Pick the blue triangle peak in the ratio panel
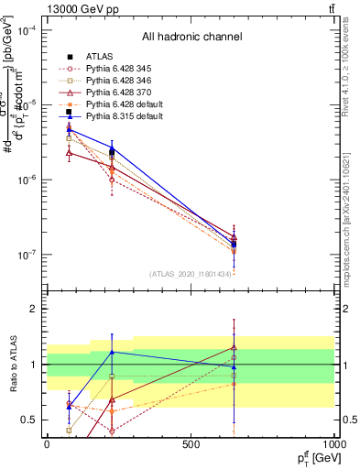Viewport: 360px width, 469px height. click(x=112, y=352)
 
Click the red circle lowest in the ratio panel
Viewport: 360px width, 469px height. click(x=112, y=431)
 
